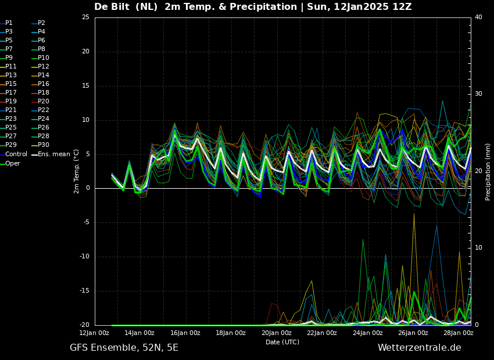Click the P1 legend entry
pos(6,23)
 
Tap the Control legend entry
pos(14,154)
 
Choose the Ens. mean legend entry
pos(51,154)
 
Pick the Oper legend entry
pos(10,163)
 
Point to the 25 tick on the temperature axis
pos(85,17)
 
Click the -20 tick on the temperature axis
pos(84,325)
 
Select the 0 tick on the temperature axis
pos(88,188)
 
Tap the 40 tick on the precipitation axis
pos(478,17)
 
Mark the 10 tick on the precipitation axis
pos(478,248)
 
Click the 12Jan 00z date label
pos(94,333)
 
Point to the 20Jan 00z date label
pos(276,333)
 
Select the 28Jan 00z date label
pos(459,333)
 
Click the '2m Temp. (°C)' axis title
pos(77,171)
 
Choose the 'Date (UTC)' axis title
pos(282,342)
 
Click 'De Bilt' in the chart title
pos(112,6)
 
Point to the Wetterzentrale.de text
pos(420,348)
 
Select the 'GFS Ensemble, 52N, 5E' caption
pos(124,348)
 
